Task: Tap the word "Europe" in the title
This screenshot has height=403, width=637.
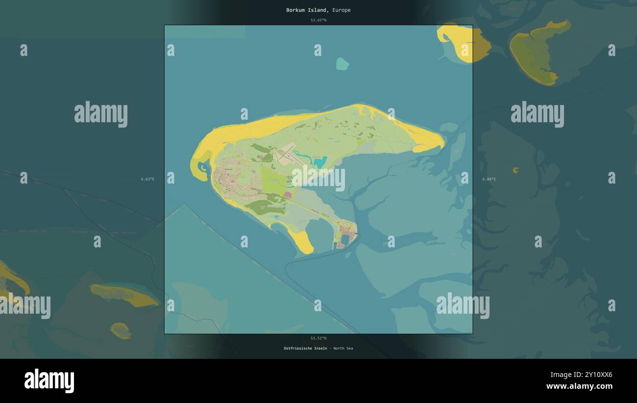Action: pos(342,10)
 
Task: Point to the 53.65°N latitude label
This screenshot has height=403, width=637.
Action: pos(318,20)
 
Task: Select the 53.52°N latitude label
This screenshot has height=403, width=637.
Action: pos(318,338)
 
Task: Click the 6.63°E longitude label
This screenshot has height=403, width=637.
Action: pos(147,179)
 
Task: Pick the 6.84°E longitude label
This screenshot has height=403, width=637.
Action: pos(489,179)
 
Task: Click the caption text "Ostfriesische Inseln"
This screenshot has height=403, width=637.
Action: pos(305,349)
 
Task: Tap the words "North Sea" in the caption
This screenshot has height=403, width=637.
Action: pos(343,349)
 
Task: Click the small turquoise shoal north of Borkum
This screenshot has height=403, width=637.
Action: pos(343,64)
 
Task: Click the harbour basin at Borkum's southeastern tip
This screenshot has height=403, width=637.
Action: pos(342,240)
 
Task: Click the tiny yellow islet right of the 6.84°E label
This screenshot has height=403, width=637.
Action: pos(515,170)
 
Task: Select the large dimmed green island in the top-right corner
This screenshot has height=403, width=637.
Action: pos(537,52)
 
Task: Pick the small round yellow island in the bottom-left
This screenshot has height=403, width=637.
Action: pos(121,330)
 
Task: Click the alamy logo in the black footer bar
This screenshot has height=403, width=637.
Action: pos(49,381)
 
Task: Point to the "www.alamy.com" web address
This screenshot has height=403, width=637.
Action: pos(579,386)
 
